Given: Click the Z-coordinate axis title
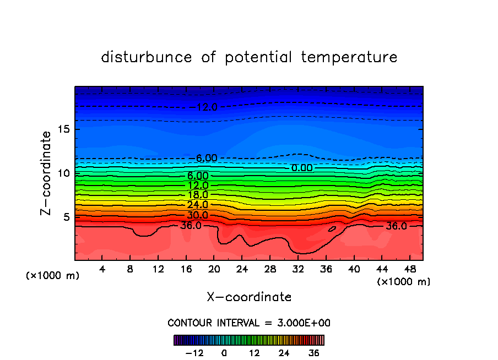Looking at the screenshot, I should coord(47,173).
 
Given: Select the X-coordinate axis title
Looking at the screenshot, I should coord(249,297).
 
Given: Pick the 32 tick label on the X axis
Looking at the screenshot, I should coord(297,269).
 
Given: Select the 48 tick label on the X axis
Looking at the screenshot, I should coord(409,269).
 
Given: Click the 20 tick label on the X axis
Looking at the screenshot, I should coord(214,269).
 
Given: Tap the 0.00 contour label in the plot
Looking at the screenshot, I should coord(302,167).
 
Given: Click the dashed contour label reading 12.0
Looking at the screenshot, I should coord(207,107).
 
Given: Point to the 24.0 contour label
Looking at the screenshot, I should coord(197,205).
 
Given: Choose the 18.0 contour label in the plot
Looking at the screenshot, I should coord(197,195).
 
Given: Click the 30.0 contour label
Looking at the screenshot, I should coord(197,215).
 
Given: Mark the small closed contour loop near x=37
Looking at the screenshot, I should coord(332,228).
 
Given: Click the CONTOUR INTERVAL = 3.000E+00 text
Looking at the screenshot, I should coord(249,323).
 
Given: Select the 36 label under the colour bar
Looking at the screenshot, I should coord(313,352).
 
